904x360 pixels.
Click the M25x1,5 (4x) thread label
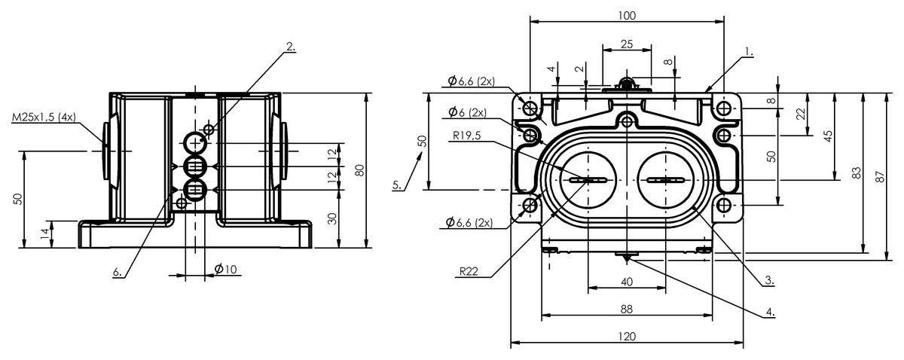tap(44, 117)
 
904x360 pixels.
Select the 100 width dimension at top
tap(627, 16)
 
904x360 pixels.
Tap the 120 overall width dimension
tap(627, 336)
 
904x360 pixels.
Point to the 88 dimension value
tap(626, 309)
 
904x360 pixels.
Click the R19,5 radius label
tap(467, 136)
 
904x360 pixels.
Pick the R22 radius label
tap(469, 272)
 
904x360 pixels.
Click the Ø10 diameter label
tap(225, 269)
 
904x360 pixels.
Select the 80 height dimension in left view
tap(360, 170)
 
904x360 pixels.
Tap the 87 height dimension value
tap(880, 177)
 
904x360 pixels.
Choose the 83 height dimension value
tap(856, 173)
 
